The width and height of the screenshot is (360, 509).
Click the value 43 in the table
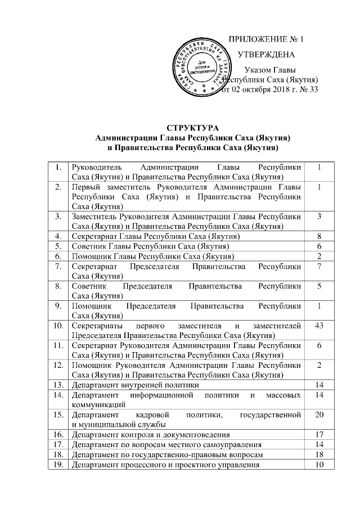coord(318,326)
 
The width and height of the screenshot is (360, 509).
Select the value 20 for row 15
coord(318,415)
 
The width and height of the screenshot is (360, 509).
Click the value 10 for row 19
coord(318,465)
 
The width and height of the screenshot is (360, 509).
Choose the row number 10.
coord(57,326)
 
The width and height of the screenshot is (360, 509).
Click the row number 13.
coord(57,385)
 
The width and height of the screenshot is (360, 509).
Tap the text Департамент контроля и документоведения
coord(150,435)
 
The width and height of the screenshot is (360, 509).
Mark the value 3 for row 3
coord(318,217)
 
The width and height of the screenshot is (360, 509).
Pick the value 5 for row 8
coord(318,286)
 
